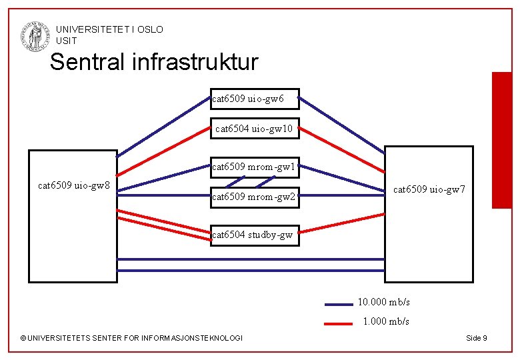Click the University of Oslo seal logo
click(x=35, y=35)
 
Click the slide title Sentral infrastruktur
click(x=153, y=62)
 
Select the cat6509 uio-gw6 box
click(x=255, y=99)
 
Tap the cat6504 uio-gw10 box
click(x=255, y=128)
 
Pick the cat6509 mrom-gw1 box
click(x=254, y=167)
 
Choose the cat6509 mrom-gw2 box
click(x=254, y=197)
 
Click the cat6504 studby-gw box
click(x=254, y=235)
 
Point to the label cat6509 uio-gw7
click(x=429, y=190)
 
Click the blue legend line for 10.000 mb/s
click(x=338, y=304)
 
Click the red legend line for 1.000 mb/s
click(x=338, y=323)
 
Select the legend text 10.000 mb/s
click(x=384, y=302)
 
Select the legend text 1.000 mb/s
click(x=386, y=321)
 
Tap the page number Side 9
click(x=476, y=338)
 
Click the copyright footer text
click(x=132, y=338)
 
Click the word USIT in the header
click(x=67, y=41)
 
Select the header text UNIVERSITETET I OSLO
click(x=109, y=29)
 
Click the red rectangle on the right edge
click(x=501, y=140)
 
